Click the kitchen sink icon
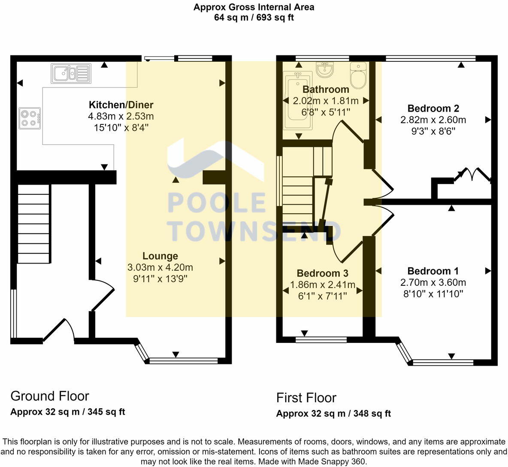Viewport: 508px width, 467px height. (71, 73)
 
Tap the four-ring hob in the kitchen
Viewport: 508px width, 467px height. (30, 118)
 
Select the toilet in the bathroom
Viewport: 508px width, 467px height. (358, 75)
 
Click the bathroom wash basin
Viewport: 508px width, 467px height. (325, 70)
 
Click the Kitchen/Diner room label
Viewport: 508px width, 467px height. (121, 105)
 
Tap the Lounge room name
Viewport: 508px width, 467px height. (160, 256)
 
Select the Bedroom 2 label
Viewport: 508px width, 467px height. (433, 109)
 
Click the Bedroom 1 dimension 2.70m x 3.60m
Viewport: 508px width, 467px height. (433, 282)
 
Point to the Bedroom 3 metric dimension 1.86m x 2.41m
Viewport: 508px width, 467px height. (323, 285)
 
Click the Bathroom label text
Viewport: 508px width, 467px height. (326, 89)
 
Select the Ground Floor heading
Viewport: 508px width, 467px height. (50, 396)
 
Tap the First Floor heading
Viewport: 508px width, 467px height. (306, 397)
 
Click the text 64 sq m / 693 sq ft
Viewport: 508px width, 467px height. (254, 18)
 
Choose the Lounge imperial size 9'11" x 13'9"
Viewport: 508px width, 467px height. (160, 279)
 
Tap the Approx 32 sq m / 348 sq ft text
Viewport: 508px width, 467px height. (333, 414)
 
